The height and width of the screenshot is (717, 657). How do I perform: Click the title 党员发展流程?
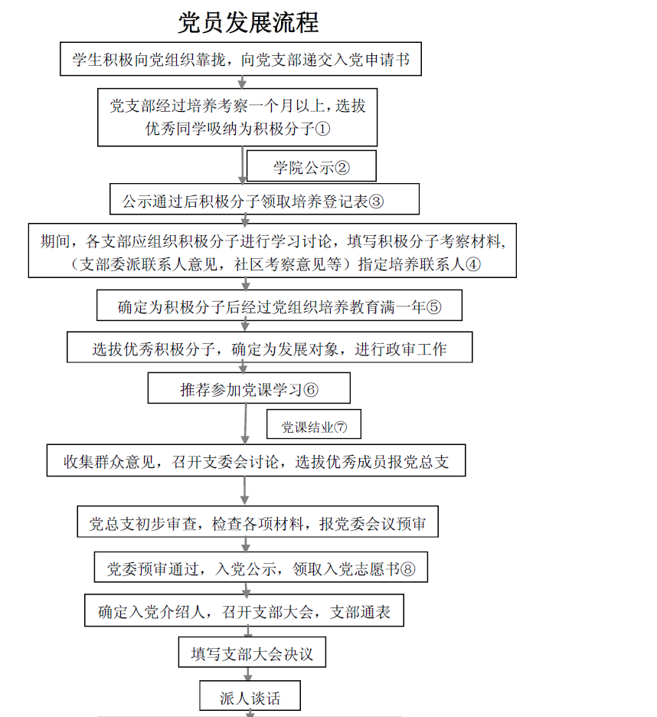click(x=248, y=22)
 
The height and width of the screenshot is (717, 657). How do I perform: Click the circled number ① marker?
click(x=322, y=129)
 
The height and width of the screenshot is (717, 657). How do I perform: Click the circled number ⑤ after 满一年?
click(x=434, y=308)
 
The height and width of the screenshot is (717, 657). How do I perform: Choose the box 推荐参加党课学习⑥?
click(x=249, y=389)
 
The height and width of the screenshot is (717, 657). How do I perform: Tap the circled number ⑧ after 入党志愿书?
click(x=407, y=569)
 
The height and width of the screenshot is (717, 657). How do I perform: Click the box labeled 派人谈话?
click(x=250, y=698)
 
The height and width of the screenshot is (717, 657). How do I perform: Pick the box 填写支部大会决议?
click(x=252, y=654)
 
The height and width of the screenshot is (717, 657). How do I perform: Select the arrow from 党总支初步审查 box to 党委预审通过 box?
click(x=247, y=545)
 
